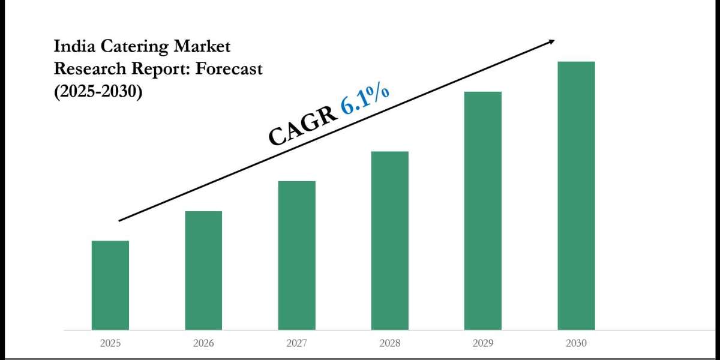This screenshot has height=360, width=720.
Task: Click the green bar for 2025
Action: point(110,285)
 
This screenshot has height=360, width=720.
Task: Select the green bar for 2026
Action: point(203,270)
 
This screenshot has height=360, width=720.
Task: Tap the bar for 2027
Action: point(297,255)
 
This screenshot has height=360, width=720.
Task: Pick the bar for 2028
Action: point(390,240)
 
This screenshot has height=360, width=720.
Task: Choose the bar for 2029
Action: point(483,210)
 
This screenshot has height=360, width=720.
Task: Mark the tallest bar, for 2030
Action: point(576,195)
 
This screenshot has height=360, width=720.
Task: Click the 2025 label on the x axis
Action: point(110,344)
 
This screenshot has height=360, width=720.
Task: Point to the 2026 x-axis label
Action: point(203,344)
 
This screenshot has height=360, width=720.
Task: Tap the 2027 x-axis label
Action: point(297,344)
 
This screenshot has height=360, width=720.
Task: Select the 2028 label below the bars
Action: point(390,344)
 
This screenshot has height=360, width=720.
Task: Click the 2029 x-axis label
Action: point(483,344)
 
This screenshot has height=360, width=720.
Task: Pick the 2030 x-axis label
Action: point(576,344)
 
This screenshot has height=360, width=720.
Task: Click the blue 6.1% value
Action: point(365,98)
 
